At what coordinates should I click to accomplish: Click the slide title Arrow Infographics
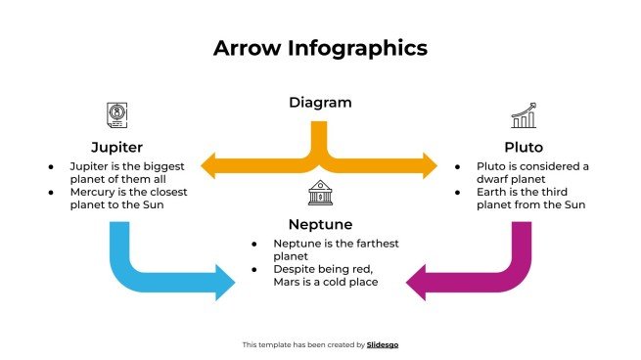click(320, 48)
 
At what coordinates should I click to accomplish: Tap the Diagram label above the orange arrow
click(320, 102)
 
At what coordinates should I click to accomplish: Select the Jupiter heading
click(116, 147)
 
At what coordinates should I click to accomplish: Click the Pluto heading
click(524, 147)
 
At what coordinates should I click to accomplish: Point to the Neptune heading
click(320, 224)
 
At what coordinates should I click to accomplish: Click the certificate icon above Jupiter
click(116, 115)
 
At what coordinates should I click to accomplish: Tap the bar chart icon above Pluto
click(524, 115)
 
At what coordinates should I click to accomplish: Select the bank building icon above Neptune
click(320, 193)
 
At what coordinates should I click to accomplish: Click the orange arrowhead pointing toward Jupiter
click(211, 165)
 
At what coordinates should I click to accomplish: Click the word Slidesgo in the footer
click(383, 344)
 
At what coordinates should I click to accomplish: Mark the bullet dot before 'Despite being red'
click(254, 268)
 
